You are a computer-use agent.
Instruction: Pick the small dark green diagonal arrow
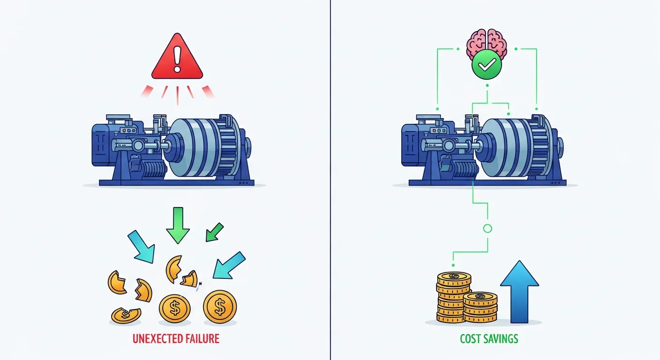pos(214,232)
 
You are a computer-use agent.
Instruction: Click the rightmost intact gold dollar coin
pos(219,307)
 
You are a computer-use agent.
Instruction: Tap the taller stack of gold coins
pos(454,298)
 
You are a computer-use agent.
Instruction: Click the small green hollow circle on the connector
pos(487,229)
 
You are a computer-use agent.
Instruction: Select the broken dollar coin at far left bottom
pos(125,315)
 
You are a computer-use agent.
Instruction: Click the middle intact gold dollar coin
pos(174,308)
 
